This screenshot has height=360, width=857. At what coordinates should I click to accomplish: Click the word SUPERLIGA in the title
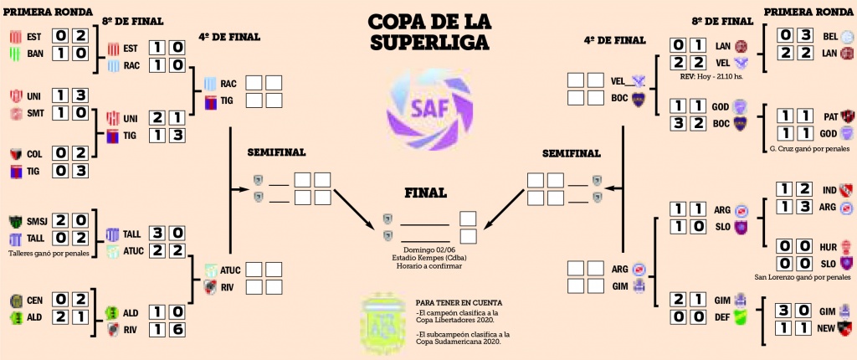click(429, 43)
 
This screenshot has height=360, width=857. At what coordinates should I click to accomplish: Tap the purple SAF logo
click(428, 106)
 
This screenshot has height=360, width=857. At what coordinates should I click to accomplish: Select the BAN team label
click(35, 54)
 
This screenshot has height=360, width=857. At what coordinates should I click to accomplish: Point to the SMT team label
click(36, 112)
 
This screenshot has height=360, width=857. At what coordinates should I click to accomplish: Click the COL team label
click(35, 153)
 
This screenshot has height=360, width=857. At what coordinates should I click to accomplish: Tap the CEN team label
click(35, 299)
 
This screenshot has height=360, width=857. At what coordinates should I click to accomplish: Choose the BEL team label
click(829, 36)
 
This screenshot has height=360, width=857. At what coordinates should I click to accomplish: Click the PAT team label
click(829, 116)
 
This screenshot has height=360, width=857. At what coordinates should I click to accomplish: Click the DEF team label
click(721, 316)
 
